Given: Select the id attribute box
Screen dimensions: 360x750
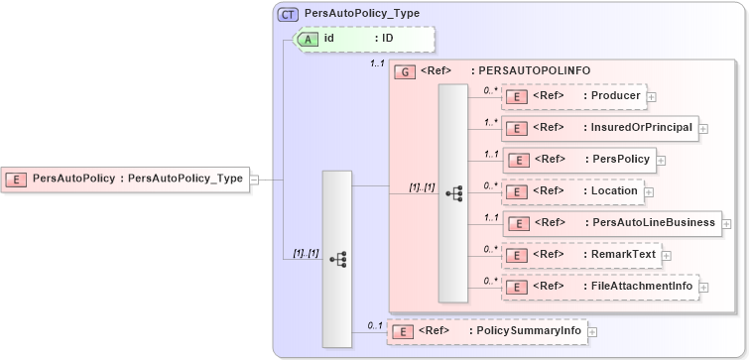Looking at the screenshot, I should tap(363, 39).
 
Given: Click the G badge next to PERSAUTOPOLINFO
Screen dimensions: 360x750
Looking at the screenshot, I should tap(404, 71).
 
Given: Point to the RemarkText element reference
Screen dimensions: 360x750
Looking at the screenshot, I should tap(580, 255).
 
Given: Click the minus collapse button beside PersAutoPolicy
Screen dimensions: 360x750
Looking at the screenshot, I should tap(254, 180).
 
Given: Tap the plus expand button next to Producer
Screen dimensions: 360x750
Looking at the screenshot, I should tap(652, 96).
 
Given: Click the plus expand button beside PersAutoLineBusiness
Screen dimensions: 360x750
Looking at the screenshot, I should tap(726, 224).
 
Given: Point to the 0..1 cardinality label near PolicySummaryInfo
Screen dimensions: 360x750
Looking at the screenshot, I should tap(375, 324).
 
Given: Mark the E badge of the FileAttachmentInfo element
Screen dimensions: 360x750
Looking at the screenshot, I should tap(515, 288).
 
